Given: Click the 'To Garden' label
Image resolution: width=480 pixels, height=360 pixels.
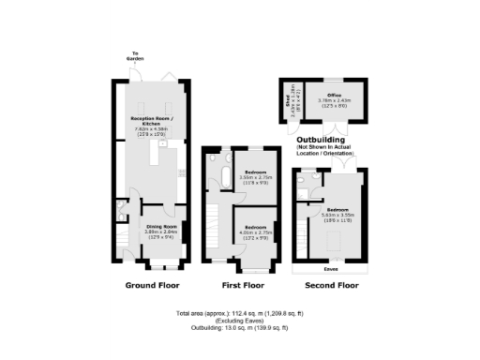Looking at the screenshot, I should tap(137, 56).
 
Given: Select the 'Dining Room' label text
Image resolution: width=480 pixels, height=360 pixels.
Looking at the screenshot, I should tap(160, 226).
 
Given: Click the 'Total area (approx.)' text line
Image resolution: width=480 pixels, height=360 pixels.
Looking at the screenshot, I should tap(240, 312).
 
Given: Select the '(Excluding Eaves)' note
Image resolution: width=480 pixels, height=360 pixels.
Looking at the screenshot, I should tap(240, 321).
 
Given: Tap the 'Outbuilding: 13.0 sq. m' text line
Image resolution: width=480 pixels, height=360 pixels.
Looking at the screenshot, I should tap(240, 328).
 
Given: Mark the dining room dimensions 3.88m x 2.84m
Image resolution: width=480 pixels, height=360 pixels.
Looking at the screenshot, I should tap(160, 232).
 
